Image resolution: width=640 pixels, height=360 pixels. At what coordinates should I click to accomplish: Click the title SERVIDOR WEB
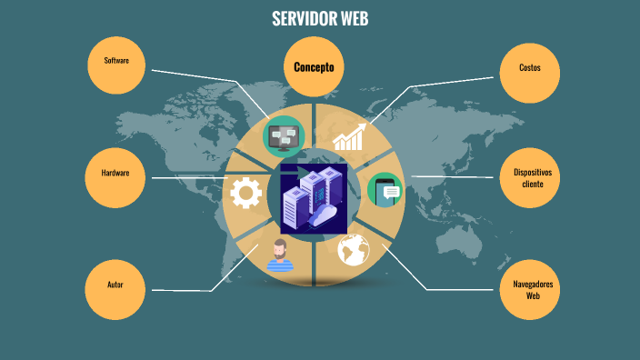(320, 19)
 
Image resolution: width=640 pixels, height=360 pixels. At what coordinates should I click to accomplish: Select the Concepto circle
(314, 67)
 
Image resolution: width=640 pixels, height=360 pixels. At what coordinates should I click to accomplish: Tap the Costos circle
(529, 68)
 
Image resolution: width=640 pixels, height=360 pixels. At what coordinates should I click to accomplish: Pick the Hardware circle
(115, 174)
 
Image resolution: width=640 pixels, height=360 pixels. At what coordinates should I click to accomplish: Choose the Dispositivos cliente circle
(532, 177)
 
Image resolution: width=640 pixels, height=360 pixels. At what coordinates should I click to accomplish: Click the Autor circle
(115, 285)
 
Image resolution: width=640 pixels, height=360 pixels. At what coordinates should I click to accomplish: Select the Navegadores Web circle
(532, 290)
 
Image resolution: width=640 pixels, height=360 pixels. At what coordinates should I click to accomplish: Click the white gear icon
(245, 192)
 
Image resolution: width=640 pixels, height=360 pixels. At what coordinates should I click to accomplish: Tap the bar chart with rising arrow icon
(349, 137)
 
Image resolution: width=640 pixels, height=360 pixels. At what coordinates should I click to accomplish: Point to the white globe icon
(353, 249)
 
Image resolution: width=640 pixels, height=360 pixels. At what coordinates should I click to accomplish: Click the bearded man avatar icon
(281, 255)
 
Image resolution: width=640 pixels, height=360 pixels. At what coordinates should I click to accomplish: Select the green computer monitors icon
(283, 137)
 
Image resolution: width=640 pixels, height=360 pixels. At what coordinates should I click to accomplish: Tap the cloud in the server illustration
(325, 216)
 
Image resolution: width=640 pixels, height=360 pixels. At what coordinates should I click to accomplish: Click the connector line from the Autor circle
(182, 290)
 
